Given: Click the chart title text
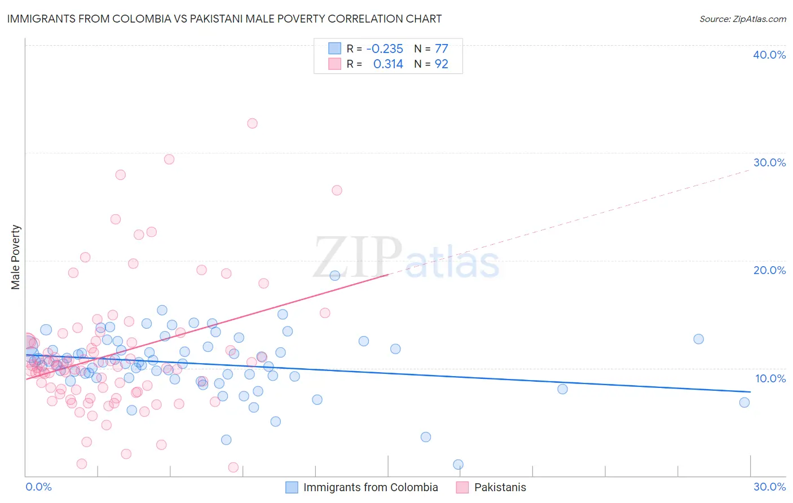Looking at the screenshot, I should point(224,19).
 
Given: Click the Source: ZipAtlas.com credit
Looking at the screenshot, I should point(742,19).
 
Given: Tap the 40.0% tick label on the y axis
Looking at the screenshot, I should point(769,55).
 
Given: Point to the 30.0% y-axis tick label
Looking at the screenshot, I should point(769,162).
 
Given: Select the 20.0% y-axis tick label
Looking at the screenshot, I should point(769,270).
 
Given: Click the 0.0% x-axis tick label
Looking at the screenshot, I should point(38,487).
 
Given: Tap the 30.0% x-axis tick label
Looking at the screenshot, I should point(769,487).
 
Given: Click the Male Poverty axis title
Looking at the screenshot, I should point(16,257).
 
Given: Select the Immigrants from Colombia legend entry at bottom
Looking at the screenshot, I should point(370,487).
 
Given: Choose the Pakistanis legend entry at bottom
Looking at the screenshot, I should point(500,487).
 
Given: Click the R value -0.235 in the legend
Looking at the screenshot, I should point(385,49).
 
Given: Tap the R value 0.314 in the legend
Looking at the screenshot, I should point(388,64).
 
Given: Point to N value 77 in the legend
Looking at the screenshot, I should point(441,49).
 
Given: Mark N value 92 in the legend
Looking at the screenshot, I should point(441,64).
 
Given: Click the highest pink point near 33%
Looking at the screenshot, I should point(252,123).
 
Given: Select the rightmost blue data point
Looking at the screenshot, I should point(744,402).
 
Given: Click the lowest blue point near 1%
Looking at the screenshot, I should point(458,465).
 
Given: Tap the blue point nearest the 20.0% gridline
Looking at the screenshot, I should point(335,276).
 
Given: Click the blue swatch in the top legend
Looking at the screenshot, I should point(335,49).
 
